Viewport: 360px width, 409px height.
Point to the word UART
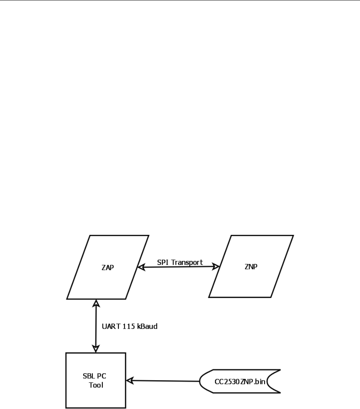coord(111,327)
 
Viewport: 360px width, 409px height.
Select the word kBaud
coord(148,327)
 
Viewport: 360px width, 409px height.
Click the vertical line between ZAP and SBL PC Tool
coord(95,327)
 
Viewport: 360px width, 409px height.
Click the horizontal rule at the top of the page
coord(180,1)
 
